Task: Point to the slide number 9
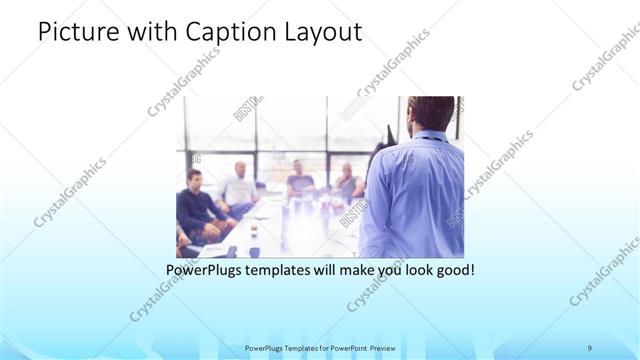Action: [x=590, y=347]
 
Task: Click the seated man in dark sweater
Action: [x=198, y=205]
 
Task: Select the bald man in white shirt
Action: [x=240, y=187]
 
